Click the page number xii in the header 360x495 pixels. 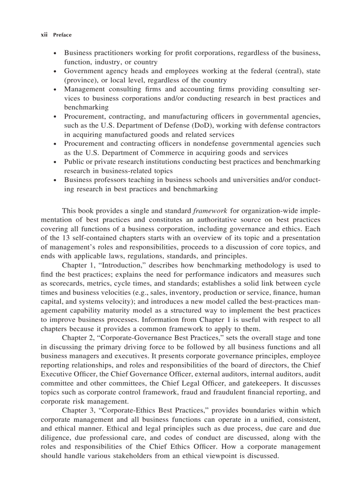point(44,35)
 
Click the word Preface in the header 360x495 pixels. point(62,35)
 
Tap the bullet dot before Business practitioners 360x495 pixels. point(54,53)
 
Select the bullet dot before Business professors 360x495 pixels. point(54,180)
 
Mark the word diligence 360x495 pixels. point(56,438)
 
